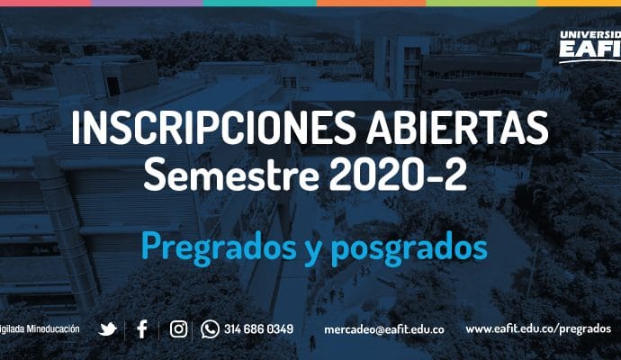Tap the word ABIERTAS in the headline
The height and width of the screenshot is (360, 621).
coord(457,128)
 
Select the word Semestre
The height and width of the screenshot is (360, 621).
coord(231,175)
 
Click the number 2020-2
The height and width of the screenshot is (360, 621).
coord(398,175)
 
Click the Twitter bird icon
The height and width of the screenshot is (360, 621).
coord(107,329)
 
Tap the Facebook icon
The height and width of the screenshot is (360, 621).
coord(142,329)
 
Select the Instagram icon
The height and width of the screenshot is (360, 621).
coord(178,329)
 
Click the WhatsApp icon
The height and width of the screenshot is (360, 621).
coord(210,329)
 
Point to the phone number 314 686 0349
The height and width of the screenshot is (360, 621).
coord(258,329)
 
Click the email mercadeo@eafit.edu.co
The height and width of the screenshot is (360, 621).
coord(384,329)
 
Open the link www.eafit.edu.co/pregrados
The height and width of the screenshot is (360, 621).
coord(538,329)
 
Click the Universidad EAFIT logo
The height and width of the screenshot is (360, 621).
coord(590,46)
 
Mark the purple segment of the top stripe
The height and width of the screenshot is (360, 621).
coord(147,3)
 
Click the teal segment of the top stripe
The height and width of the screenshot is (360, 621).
coord(260,3)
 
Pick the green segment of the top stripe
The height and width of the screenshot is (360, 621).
coord(481,3)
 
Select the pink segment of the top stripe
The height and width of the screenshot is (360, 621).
coord(46,3)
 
